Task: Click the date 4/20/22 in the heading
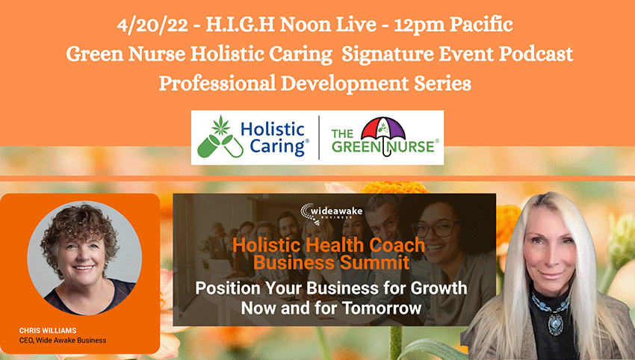(152, 25)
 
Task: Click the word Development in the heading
(344, 84)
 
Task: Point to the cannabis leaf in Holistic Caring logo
(220, 125)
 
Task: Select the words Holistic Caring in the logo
(274, 138)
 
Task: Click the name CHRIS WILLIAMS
(48, 330)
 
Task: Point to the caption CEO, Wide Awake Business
(63, 340)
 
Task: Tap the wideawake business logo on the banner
(331, 213)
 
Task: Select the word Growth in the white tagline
(439, 288)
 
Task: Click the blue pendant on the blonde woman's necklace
(555, 323)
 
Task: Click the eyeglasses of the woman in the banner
(436, 229)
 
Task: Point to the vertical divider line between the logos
(319, 137)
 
